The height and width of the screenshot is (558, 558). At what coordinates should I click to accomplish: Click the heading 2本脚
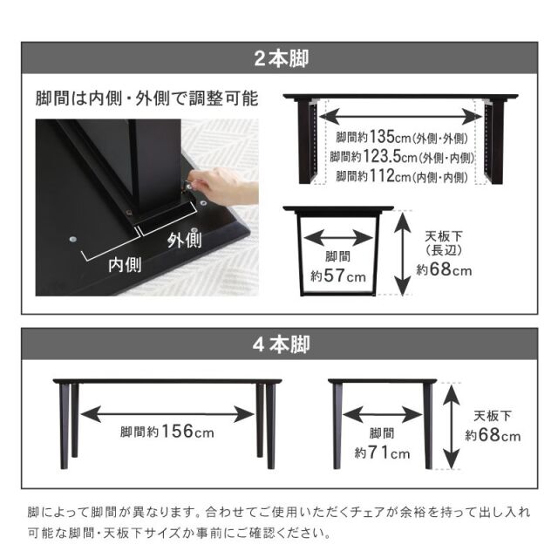[281, 58]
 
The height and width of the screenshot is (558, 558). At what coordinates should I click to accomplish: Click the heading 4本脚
[281, 344]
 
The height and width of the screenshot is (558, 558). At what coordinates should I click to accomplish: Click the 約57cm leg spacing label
[338, 276]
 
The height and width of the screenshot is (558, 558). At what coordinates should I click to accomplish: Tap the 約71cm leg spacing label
[382, 453]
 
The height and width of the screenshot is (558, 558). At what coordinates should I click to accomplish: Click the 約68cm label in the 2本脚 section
[444, 269]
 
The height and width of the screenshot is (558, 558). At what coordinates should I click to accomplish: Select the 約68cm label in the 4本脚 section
[493, 435]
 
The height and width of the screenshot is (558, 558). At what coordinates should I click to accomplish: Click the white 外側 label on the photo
[184, 241]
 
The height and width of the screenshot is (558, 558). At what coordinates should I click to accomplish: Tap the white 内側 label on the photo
[125, 265]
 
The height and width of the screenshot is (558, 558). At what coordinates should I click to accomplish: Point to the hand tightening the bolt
[221, 185]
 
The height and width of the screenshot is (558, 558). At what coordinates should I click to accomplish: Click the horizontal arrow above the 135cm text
[401, 116]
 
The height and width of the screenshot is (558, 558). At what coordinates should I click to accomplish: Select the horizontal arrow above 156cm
[167, 414]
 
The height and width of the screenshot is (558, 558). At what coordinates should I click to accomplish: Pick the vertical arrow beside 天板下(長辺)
[403, 253]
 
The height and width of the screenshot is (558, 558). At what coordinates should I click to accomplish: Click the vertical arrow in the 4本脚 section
[452, 426]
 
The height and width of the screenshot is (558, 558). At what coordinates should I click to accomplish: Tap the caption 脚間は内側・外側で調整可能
[146, 99]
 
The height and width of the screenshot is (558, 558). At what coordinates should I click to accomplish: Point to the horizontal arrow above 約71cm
[383, 414]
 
